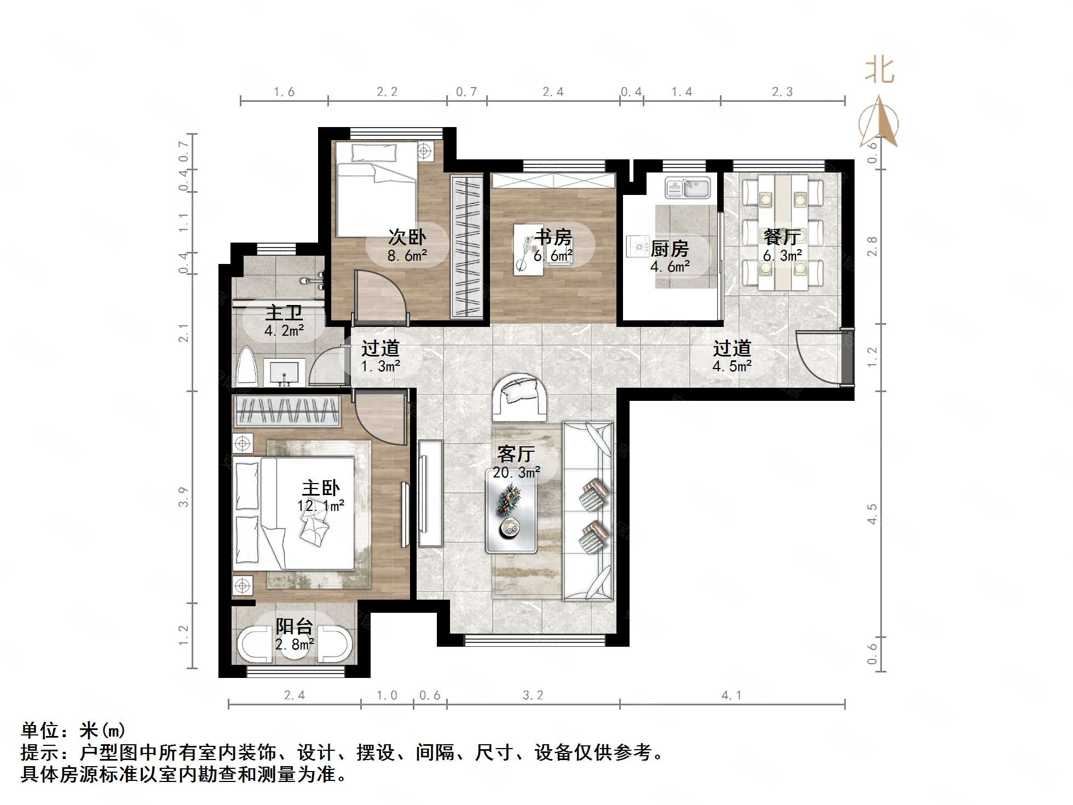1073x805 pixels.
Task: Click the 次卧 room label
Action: coord(407,237)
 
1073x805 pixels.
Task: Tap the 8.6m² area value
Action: coord(407,255)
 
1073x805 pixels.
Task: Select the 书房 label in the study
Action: coord(553,237)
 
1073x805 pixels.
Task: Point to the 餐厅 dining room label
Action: coord(782,237)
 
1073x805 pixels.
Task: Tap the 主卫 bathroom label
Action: coord(284,313)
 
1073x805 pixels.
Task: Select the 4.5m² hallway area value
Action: coord(732,366)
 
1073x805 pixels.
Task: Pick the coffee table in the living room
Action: coord(511,509)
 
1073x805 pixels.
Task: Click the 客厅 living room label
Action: coord(516,454)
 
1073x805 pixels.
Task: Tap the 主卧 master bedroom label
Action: coord(321,488)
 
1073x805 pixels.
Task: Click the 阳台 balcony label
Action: coord(294,626)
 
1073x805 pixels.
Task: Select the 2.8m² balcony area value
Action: coord(294,644)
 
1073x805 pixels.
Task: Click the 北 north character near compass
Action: coord(880,71)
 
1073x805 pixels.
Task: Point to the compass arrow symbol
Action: coord(879,123)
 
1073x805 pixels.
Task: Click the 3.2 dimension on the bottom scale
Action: coord(533,695)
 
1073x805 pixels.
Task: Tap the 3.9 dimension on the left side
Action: coord(183,497)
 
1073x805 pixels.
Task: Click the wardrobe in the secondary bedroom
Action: coord(466,246)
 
